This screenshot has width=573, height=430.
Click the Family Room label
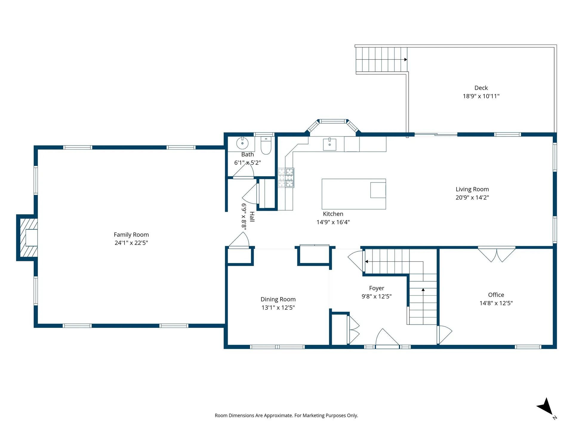pyautogui.click(x=131, y=235)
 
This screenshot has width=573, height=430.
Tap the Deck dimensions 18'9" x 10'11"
pyautogui.click(x=481, y=96)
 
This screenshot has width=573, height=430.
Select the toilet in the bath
pyautogui.click(x=266, y=145)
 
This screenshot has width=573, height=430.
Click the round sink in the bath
pyautogui.click(x=242, y=143)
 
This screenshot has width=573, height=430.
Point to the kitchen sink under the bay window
pyautogui.click(x=329, y=144)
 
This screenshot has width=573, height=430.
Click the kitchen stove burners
pyautogui.click(x=286, y=178)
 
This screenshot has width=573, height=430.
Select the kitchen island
pyautogui.click(x=354, y=194)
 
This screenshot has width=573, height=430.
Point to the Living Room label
pyautogui.click(x=472, y=189)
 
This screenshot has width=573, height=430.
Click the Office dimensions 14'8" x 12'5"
pyautogui.click(x=496, y=303)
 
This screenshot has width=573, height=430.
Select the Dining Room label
pyautogui.click(x=278, y=299)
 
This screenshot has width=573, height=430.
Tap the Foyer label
pyautogui.click(x=377, y=288)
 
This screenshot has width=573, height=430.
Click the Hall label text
pyautogui.click(x=252, y=217)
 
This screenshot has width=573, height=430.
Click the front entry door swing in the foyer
pyautogui.click(x=387, y=337)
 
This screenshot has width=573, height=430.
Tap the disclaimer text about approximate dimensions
pyautogui.click(x=286, y=415)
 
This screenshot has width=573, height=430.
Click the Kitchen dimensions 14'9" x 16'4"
pyautogui.click(x=333, y=222)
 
